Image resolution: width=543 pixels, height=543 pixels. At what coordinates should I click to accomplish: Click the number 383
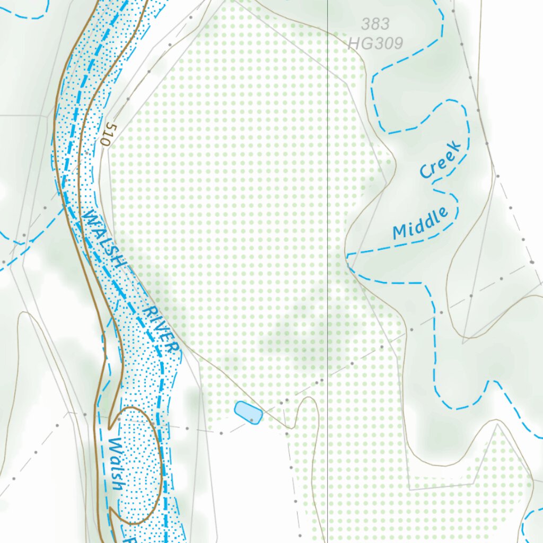[x=375, y=24]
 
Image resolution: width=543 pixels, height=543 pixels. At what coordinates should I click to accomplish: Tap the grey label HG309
[x=375, y=42]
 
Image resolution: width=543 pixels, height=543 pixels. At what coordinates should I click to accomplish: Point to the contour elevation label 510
[x=107, y=135]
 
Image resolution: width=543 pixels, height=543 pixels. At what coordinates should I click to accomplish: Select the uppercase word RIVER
[x=161, y=329]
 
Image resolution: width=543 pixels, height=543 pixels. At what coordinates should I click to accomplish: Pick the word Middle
[x=420, y=223]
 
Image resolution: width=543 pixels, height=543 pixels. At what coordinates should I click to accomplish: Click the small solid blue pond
[x=248, y=413]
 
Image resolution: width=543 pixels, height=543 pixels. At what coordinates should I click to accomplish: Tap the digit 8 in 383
[x=375, y=24]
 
